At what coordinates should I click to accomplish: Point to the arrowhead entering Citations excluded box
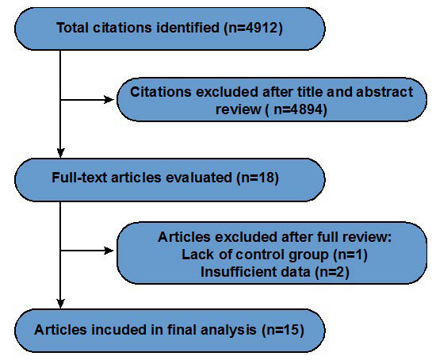111,101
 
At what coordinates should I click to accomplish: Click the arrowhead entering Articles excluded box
111,252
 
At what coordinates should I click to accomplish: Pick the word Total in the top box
75,29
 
